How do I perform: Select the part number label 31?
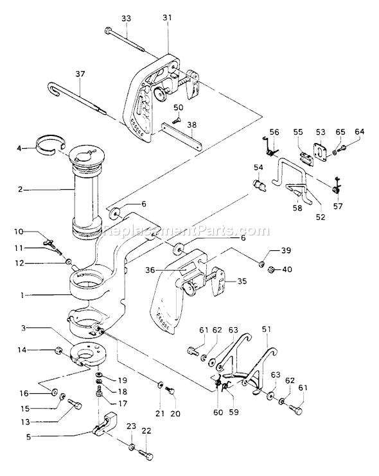tap(168, 19)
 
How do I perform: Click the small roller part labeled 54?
tap(261, 187)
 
